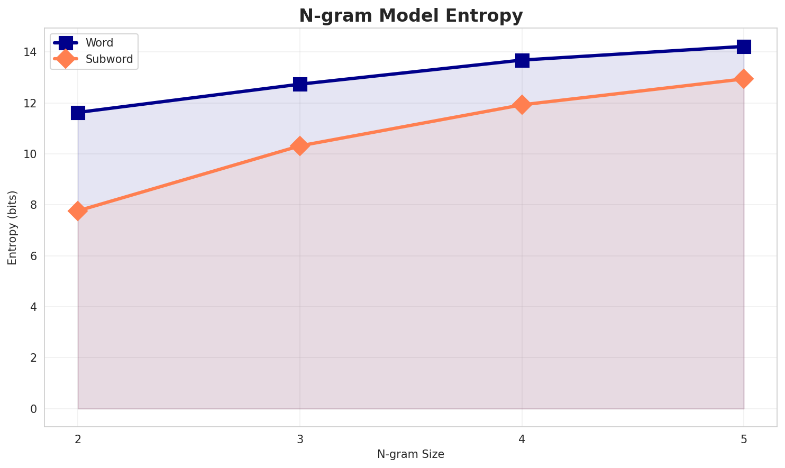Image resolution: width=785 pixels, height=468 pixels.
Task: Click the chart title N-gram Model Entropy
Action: [x=410, y=16]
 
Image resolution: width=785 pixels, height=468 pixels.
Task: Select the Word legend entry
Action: [x=99, y=43]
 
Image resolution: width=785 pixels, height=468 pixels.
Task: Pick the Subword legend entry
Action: [x=109, y=59]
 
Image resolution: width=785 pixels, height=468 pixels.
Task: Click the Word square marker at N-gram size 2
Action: [x=78, y=113]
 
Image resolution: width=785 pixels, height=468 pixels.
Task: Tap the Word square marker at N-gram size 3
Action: [x=300, y=84]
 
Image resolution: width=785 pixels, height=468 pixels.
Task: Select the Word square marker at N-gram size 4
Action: [x=522, y=60]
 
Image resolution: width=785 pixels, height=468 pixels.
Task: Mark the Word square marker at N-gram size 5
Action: [x=744, y=47]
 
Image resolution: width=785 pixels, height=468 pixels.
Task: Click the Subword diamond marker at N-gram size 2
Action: [x=78, y=211]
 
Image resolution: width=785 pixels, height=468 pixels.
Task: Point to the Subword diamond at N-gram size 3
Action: [x=300, y=146]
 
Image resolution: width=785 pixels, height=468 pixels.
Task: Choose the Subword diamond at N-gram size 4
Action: [x=522, y=105]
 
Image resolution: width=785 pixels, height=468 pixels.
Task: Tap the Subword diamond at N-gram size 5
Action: [x=744, y=79]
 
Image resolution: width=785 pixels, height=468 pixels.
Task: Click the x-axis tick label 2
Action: [x=78, y=439]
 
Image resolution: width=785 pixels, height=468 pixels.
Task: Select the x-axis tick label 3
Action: [x=300, y=439]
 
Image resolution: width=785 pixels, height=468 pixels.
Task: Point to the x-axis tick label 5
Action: [x=744, y=439]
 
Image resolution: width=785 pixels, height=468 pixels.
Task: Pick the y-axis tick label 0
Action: [x=33, y=409]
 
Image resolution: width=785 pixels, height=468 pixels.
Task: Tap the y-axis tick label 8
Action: [x=33, y=205]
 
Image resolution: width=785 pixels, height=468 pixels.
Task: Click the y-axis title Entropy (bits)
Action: [x=12, y=227]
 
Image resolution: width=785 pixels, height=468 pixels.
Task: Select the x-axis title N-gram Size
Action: [x=410, y=454]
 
